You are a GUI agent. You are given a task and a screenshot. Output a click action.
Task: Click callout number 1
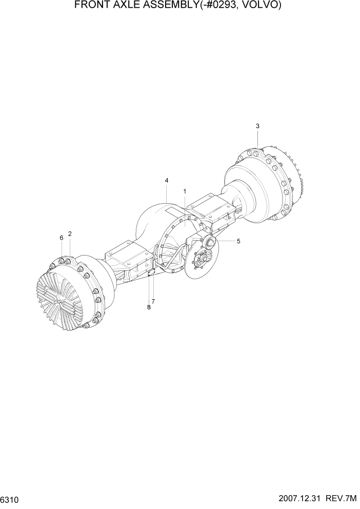click(185, 191)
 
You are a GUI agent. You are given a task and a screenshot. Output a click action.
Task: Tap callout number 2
click(70, 234)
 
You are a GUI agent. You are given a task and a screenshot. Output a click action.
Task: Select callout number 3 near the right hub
click(257, 126)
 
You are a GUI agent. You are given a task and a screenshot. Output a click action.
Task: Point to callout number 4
click(167, 180)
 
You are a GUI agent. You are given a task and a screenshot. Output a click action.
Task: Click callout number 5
click(238, 241)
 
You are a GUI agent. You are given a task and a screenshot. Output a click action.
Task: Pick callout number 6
click(61, 238)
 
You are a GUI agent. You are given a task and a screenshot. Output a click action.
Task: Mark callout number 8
click(149, 307)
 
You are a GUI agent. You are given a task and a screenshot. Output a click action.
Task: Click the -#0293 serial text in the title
click(219, 6)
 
